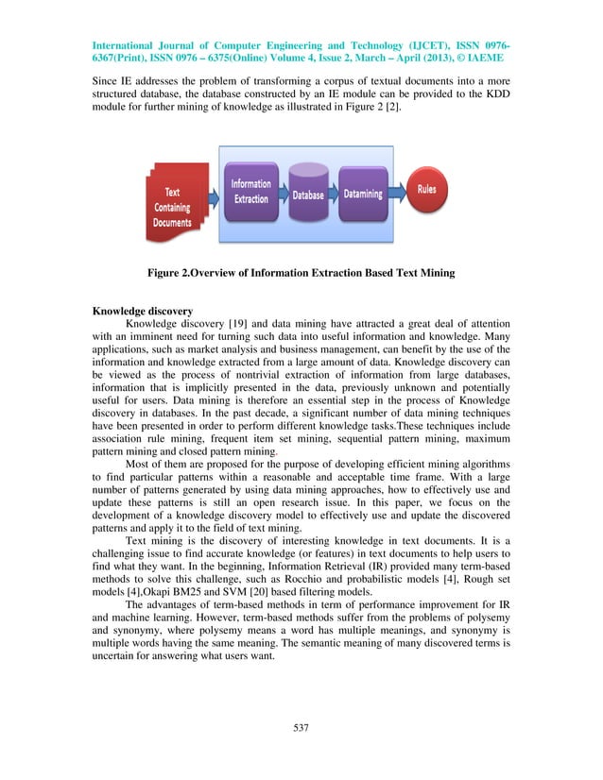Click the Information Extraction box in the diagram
250,192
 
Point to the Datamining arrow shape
363,195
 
